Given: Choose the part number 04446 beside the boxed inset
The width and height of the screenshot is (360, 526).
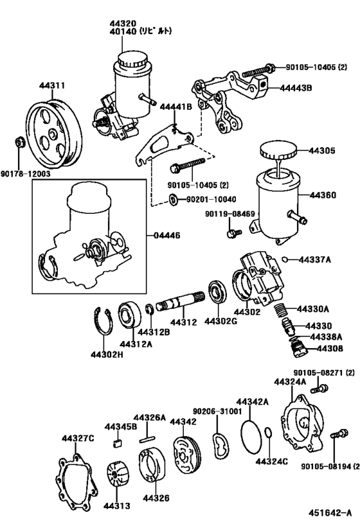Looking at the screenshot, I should click(x=166, y=236).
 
